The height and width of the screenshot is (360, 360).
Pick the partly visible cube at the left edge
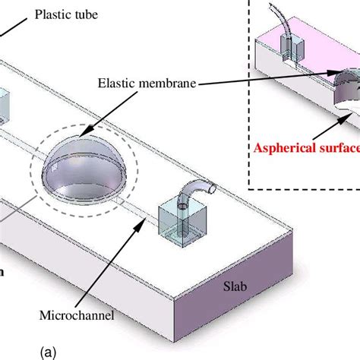tap(4, 107)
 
